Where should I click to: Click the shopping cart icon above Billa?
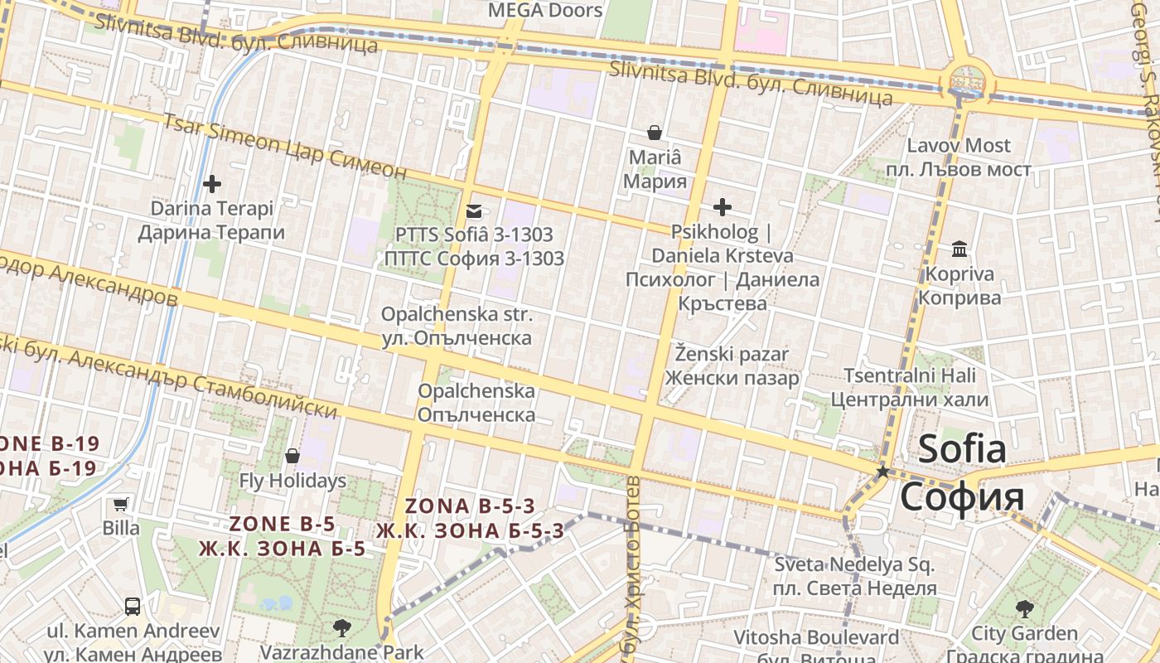121,503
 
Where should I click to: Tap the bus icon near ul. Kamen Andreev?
133,606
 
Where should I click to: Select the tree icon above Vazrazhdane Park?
341,628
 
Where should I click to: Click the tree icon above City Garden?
1024,609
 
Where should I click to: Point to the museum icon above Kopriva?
959,249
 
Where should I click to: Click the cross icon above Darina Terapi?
212,183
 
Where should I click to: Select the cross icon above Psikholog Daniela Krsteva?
723,206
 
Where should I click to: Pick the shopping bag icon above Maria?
655,133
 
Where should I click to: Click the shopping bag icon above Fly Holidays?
292,456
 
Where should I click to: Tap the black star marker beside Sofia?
883,472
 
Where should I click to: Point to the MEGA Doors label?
545,10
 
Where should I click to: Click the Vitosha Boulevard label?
816,638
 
